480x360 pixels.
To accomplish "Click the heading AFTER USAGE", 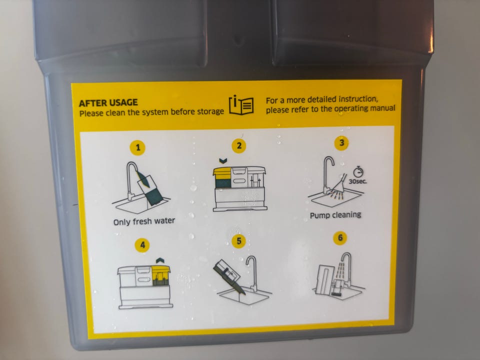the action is point(108,102).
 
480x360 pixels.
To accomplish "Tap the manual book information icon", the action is point(241,105).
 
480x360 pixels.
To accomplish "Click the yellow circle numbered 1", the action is point(138,147).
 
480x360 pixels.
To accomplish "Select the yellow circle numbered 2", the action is point(239,145).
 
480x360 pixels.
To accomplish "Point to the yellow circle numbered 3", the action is point(341,142).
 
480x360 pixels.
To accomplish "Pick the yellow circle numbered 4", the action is point(142,245).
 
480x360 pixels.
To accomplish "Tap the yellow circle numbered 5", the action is point(239,241).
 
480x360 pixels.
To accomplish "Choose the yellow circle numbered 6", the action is point(340,238).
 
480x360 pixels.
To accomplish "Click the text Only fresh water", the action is point(144,221).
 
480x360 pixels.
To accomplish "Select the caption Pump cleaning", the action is point(335,215).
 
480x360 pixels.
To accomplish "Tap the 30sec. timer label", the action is point(357,181).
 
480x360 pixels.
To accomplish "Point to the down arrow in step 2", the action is point(223,160).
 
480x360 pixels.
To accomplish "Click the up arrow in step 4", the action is point(160,260).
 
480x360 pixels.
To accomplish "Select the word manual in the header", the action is point(382,108).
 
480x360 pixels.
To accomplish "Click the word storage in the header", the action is point(210,111).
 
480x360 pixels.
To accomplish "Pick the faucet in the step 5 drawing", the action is point(251,273).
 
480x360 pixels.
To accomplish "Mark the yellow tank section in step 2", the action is point(222,173).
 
